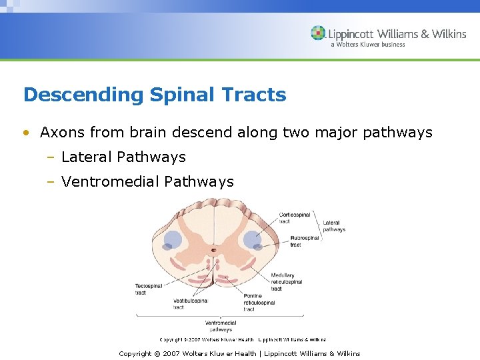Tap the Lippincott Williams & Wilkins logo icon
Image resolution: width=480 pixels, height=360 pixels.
(x=318, y=33)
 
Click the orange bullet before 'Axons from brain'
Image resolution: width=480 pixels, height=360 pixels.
(x=26, y=133)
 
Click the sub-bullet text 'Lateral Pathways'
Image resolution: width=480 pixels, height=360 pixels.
(x=123, y=157)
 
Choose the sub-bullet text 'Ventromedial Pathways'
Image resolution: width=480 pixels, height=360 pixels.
(x=147, y=181)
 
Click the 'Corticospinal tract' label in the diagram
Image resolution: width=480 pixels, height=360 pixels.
(x=294, y=218)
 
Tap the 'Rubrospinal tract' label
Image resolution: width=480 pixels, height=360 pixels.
(x=303, y=241)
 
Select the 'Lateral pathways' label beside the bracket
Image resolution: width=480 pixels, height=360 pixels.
(x=333, y=226)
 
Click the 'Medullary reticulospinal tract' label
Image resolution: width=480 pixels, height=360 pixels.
(x=286, y=282)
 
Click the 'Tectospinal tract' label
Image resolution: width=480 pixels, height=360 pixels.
(x=148, y=289)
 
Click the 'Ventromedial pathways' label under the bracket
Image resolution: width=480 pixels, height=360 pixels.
(x=219, y=326)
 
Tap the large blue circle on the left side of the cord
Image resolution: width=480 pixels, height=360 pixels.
(x=173, y=239)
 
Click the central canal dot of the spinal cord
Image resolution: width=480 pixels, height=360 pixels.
(x=213, y=251)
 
